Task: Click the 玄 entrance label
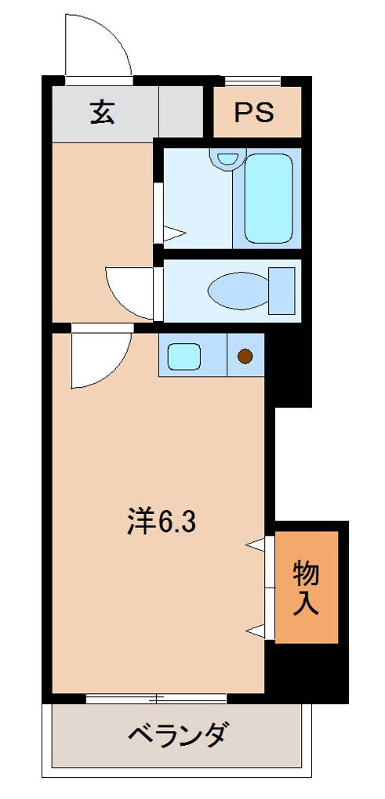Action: click(102, 113)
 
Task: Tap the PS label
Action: click(255, 113)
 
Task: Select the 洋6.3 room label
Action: click(161, 522)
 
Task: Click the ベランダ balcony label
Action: click(178, 736)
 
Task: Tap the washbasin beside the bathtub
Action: click(227, 159)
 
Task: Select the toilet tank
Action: click(282, 290)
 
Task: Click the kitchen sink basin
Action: click(185, 356)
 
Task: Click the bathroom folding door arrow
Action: click(173, 233)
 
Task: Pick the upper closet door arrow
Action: click(255, 544)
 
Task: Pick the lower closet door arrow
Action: click(255, 628)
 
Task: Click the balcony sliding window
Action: click(157, 698)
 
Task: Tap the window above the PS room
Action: click(252, 81)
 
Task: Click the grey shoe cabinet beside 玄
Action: click(180, 113)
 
